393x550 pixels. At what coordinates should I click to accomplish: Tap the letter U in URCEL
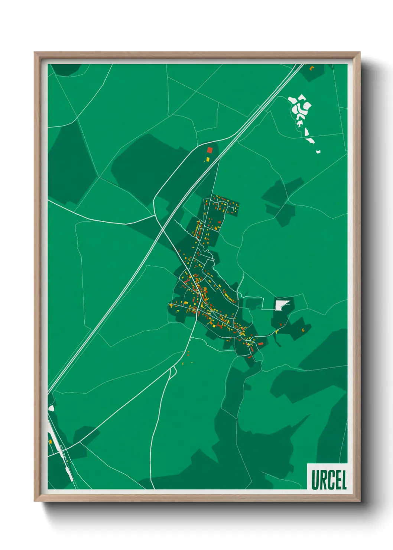[315, 480]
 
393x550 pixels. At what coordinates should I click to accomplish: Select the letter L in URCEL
[344, 480]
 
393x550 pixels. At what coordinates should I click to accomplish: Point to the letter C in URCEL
[329, 480]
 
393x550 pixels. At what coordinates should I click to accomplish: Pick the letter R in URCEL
[322, 480]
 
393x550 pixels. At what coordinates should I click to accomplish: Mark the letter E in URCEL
[337, 480]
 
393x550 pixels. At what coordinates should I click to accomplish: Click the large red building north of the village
[210, 150]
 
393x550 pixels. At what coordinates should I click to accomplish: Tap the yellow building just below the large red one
[208, 159]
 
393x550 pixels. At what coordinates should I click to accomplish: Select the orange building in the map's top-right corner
[312, 68]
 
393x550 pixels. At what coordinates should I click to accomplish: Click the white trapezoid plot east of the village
[281, 305]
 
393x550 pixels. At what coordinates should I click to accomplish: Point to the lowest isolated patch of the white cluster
[318, 152]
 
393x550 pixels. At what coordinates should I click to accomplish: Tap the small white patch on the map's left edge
[51, 408]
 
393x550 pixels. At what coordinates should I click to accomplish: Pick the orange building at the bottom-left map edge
[50, 441]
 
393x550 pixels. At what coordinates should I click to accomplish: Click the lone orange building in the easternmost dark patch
[303, 330]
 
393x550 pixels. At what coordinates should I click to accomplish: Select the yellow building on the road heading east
[277, 331]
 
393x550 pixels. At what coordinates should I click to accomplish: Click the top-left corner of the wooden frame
[35, 53]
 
